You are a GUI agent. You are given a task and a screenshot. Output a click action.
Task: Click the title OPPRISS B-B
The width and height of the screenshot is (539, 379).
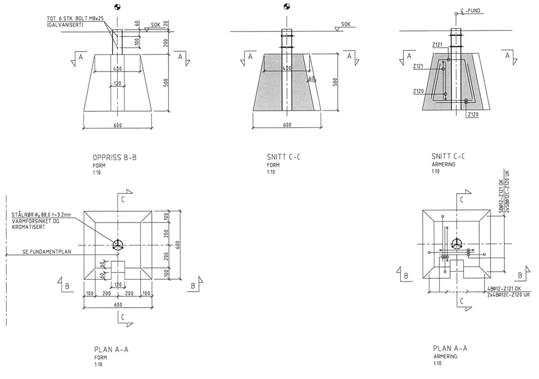coord(115,157)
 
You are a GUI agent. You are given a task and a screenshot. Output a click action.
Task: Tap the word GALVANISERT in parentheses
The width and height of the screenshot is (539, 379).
coord(65,25)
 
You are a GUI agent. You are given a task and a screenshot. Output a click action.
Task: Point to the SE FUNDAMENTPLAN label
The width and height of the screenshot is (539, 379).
coord(47,252)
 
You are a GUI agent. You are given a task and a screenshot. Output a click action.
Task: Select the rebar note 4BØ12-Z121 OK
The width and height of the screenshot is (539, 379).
coord(504,289)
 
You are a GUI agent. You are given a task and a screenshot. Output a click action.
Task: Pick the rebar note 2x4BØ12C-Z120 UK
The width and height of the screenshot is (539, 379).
coord(508,295)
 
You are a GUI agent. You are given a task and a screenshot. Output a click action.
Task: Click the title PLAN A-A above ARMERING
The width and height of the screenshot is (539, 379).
coord(450,348)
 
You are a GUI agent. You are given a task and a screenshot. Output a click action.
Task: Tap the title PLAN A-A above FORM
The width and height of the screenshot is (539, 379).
coord(111,349)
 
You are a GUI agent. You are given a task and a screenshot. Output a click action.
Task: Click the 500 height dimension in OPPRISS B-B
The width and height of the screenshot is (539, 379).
coord(166,83)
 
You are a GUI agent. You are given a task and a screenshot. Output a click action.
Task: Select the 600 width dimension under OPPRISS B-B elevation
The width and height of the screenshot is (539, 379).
coord(117,125)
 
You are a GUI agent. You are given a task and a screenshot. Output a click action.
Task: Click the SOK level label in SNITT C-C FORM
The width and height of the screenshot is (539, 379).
coord(346,24)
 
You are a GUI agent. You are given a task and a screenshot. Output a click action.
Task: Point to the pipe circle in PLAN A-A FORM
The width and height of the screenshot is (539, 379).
coord(118,245)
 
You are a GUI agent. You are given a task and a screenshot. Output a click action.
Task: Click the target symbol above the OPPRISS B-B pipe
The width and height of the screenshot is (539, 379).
coord(117,7)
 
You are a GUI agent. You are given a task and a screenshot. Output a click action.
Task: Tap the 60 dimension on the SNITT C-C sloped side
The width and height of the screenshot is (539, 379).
coord(312,78)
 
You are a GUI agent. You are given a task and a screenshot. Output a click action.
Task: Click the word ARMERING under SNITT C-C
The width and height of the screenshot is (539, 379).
coord(443,165)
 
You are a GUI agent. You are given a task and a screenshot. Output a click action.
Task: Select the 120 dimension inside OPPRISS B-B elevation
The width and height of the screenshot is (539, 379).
coord(117,83)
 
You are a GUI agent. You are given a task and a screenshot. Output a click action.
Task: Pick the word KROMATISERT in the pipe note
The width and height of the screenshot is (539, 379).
coord(28,227)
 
